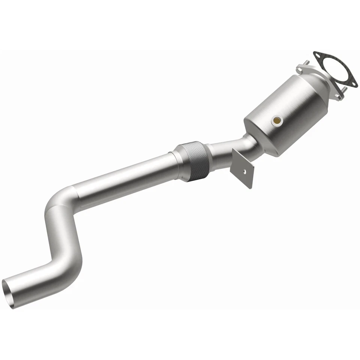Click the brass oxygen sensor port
pos(277,120)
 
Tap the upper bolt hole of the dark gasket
pos(318,56)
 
